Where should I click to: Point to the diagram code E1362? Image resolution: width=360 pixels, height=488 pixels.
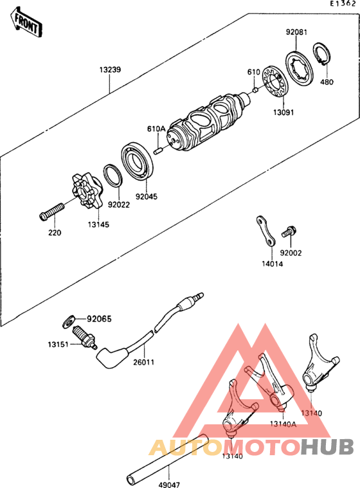343,4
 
